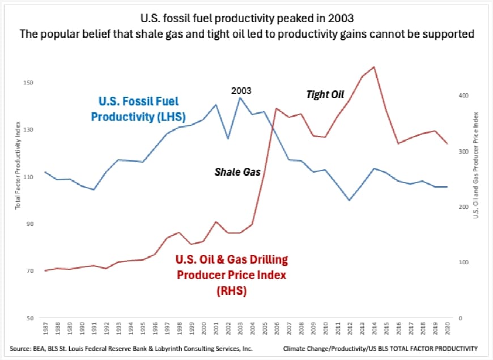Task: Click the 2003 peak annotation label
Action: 241,90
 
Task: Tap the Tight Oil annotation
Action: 325,95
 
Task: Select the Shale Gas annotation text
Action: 237,172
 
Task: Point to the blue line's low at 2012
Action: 350,200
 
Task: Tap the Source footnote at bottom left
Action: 131,348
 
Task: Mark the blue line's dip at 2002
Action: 228,138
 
